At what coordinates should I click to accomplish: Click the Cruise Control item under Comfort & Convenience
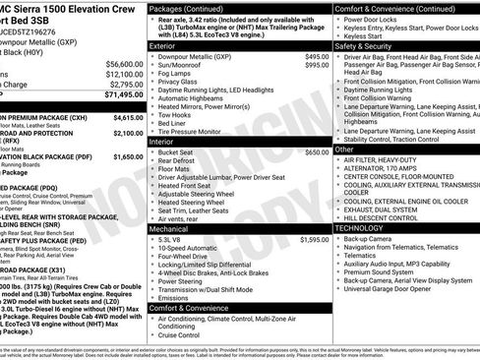click(184, 334)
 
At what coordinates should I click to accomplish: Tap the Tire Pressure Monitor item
click(196, 131)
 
